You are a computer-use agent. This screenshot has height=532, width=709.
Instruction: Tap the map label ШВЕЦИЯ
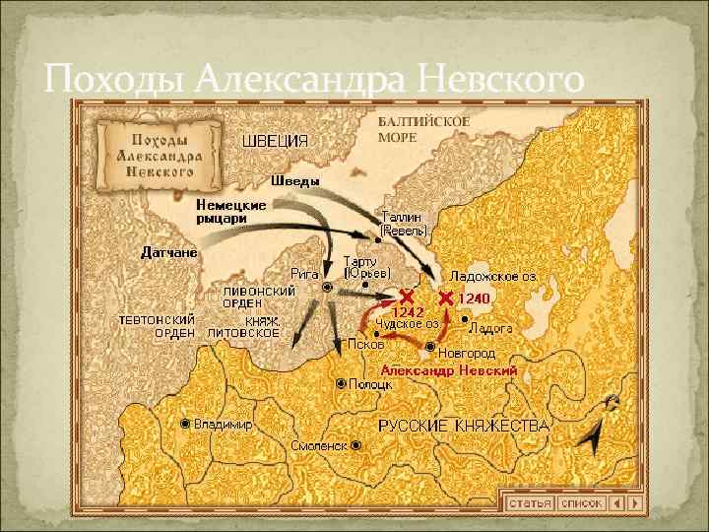click(275, 141)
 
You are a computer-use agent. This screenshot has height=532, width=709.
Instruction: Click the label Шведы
click(295, 181)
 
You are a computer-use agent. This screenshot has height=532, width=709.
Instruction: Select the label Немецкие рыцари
click(230, 211)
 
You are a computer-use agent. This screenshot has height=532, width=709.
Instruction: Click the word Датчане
click(168, 252)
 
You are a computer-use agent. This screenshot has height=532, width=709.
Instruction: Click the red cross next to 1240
click(446, 297)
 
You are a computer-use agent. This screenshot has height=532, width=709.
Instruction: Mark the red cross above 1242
click(406, 296)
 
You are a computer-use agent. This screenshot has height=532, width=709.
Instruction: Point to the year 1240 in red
click(474, 298)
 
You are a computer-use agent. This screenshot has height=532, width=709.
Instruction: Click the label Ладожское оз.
click(492, 277)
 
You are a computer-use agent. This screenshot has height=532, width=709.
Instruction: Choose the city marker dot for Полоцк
click(341, 383)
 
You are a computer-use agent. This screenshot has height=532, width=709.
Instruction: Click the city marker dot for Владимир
click(185, 424)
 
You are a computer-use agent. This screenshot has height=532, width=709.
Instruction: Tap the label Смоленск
click(319, 446)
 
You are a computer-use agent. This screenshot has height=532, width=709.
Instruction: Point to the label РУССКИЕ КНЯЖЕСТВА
click(464, 426)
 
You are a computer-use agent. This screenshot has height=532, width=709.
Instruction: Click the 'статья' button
click(528, 502)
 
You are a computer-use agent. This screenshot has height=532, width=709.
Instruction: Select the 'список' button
click(580, 502)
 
